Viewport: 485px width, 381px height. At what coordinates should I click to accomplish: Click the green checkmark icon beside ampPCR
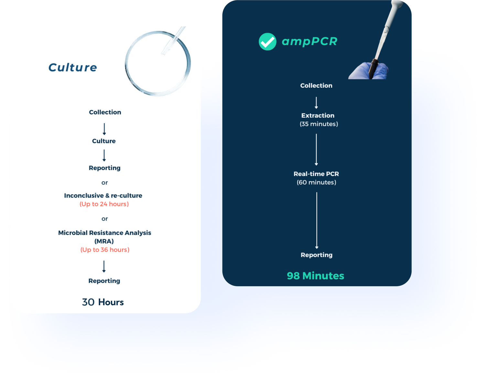tap(267, 42)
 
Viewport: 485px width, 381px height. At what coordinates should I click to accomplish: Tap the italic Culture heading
tap(73, 68)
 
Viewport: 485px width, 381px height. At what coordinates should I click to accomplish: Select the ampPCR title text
tap(309, 41)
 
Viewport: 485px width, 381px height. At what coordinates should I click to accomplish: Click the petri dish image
tap(158, 63)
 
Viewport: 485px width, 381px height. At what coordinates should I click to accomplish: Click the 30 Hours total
tap(103, 302)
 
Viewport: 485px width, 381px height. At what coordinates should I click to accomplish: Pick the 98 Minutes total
tap(315, 276)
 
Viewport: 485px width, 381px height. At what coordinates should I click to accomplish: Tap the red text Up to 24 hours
tap(104, 204)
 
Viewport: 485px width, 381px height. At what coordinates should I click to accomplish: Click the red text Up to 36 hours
tap(105, 250)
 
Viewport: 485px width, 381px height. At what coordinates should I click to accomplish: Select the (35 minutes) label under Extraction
tap(319, 124)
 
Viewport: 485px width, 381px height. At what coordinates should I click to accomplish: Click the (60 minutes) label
tap(317, 182)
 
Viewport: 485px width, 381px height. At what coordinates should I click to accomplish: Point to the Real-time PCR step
tap(316, 174)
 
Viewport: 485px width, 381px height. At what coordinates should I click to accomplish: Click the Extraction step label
tap(318, 115)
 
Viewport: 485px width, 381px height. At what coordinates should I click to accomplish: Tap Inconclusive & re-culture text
tap(103, 196)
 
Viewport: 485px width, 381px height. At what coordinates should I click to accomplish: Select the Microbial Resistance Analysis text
tap(104, 233)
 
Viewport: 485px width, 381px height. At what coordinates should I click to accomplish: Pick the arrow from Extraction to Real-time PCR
tap(316, 150)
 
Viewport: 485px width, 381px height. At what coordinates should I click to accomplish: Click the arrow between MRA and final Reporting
tap(104, 267)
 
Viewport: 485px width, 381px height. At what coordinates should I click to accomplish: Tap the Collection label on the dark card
tap(316, 86)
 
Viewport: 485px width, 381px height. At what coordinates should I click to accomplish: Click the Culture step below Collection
tap(104, 141)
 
